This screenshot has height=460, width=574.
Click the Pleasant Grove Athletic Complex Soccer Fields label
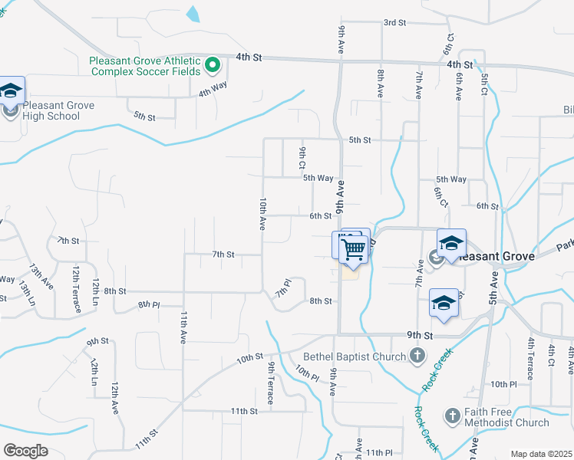click(144, 66)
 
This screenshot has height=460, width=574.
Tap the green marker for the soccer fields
click(213, 65)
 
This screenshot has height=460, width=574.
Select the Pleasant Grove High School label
click(58, 110)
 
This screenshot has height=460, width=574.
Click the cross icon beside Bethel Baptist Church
click(417, 355)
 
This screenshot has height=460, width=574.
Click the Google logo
click(25, 451)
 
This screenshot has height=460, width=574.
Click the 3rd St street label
click(394, 23)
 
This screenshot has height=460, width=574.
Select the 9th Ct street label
click(303, 157)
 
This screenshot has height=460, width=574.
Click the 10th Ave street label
click(262, 214)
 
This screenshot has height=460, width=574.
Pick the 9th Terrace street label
click(271, 377)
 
